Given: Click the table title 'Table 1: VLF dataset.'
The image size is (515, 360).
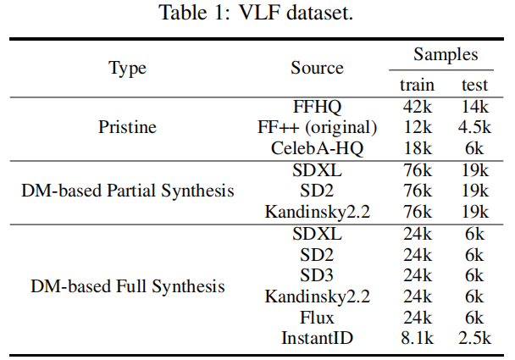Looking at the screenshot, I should (x=257, y=14).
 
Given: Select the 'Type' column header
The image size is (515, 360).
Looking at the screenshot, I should (x=128, y=69).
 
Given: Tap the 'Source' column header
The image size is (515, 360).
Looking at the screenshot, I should (x=317, y=69).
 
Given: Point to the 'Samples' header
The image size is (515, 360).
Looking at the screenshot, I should (x=446, y=55).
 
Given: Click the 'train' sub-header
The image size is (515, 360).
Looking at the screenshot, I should (x=418, y=85).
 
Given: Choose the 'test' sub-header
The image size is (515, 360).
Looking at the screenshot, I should (x=475, y=85).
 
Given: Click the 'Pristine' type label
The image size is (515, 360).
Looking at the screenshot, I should (x=128, y=128).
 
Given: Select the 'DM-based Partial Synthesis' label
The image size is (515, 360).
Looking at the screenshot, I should (x=128, y=191).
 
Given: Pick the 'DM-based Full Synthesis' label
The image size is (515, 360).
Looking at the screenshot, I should (x=128, y=286).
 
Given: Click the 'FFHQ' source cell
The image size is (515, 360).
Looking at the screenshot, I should (x=317, y=108).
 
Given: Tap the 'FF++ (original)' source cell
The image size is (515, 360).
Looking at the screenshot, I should (x=317, y=128).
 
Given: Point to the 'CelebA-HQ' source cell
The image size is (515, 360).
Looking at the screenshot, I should (x=317, y=148).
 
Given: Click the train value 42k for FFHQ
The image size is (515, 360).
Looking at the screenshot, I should (x=418, y=108).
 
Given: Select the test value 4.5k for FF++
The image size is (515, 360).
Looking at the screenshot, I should (x=475, y=128).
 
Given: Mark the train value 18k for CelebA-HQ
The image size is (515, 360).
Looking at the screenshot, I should (x=418, y=148).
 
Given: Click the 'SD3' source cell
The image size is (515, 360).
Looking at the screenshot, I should (x=317, y=276).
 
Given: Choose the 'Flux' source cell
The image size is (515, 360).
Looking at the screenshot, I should (x=317, y=318).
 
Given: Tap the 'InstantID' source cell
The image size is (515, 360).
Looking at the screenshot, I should (x=317, y=339).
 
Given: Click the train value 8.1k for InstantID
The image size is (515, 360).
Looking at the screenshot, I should (x=418, y=339).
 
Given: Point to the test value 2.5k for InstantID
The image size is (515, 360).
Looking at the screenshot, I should (x=475, y=339).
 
